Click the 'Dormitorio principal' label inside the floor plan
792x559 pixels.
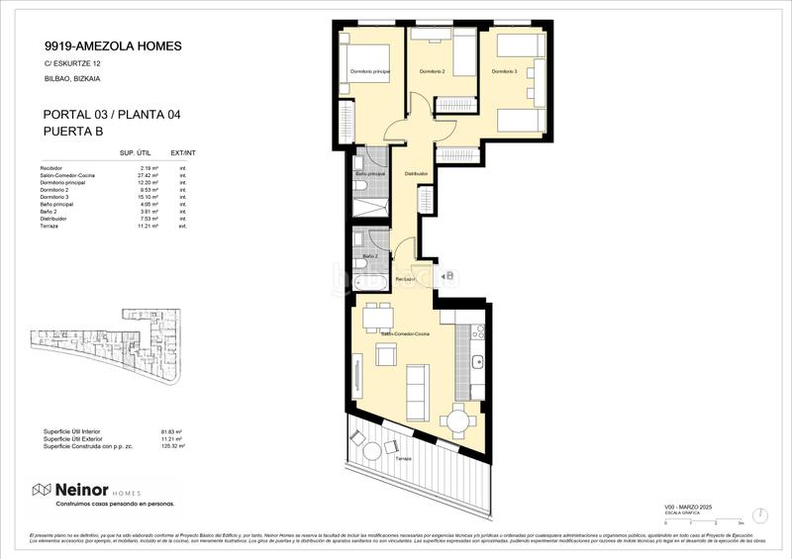(x=368, y=72)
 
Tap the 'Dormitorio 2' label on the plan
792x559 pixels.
(x=432, y=72)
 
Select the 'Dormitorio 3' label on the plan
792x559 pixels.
(x=504, y=72)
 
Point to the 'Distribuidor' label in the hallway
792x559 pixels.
(x=416, y=174)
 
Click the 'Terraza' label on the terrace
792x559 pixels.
(x=403, y=460)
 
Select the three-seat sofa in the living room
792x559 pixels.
(x=418, y=382)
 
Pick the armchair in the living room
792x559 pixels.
(x=385, y=354)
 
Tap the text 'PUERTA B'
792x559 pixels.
(x=74, y=132)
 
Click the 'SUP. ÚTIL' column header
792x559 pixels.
(x=135, y=153)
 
